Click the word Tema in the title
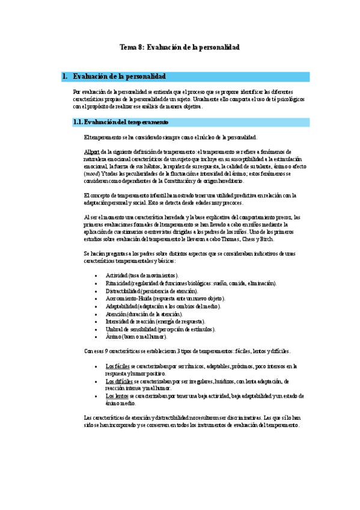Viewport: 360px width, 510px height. click(128, 46)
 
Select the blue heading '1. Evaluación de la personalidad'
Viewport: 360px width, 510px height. click(119, 76)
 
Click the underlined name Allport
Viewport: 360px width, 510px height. click(92, 150)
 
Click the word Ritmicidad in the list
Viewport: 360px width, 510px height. click(120, 283)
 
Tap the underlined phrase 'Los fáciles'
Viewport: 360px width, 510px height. click(117, 366)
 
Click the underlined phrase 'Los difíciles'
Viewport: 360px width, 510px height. click(118, 381)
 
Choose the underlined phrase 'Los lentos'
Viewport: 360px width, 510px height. click(117, 396)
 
